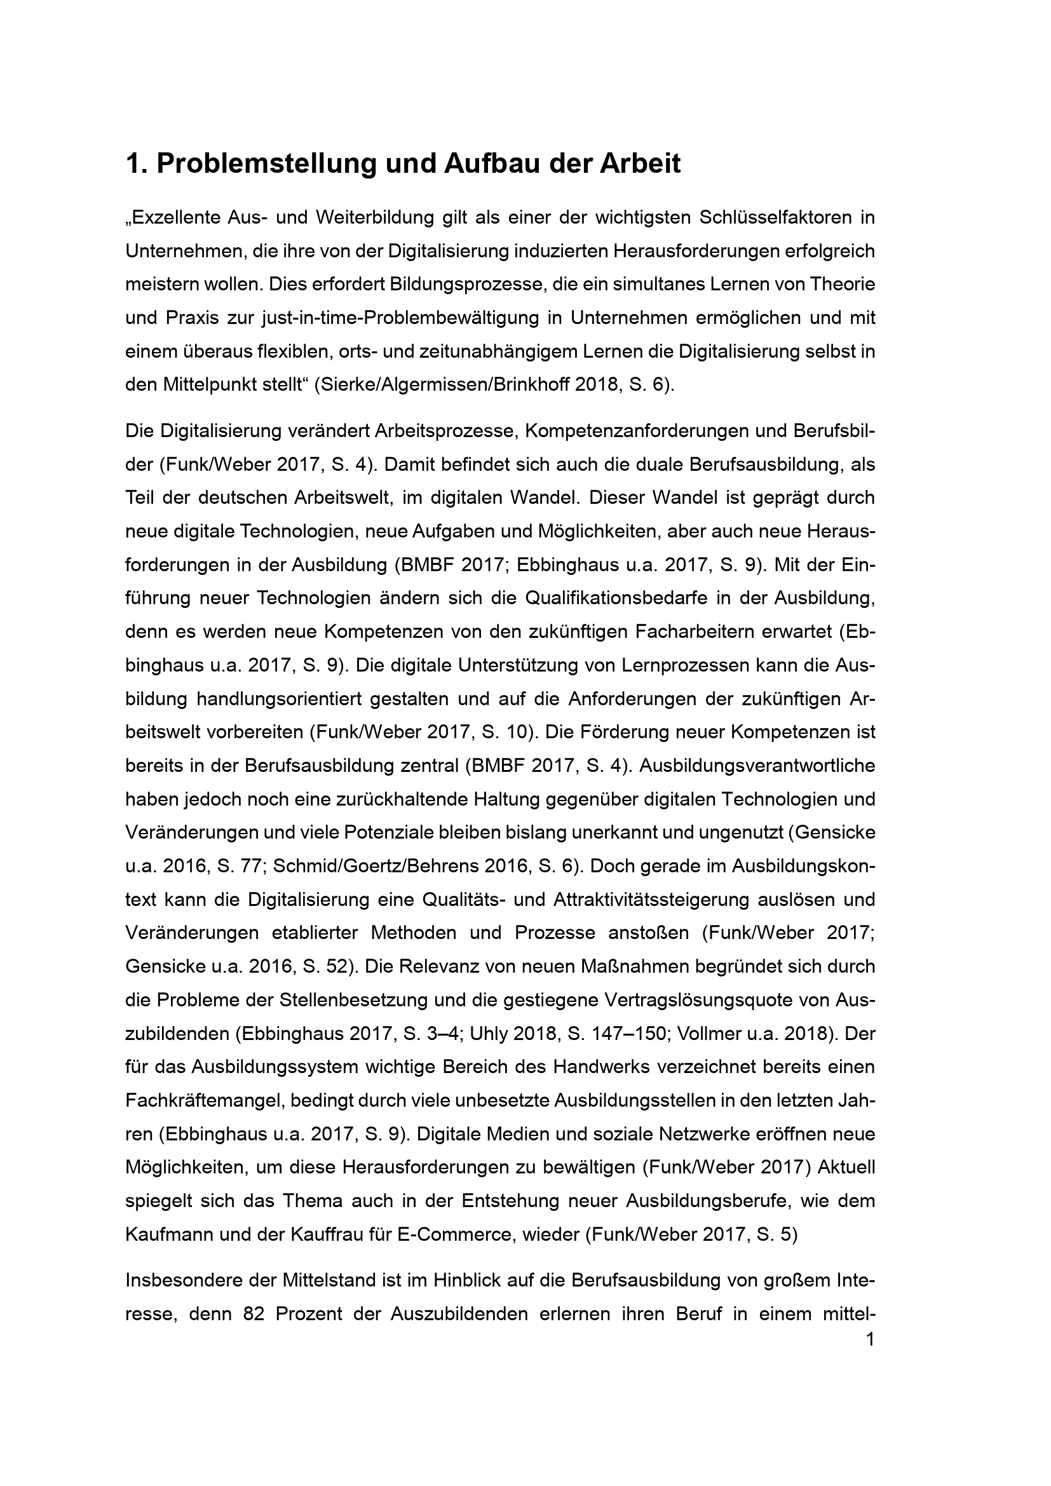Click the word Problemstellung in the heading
[266, 165]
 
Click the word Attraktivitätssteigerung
[693, 900]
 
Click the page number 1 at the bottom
[870, 1339]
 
